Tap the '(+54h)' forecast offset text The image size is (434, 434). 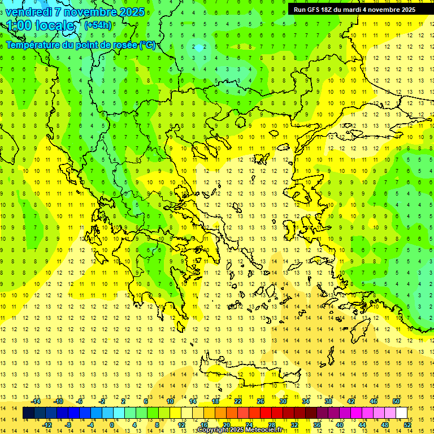[98, 25]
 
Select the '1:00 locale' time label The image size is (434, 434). [41, 26]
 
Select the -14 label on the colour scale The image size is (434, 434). [36, 401]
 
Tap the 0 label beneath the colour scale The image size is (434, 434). [111, 424]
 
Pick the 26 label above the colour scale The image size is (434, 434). [261, 401]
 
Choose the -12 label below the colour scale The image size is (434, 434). [47, 424]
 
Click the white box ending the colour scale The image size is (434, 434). [401, 413]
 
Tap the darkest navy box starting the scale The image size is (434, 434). [29, 413]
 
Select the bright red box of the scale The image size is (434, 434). [266, 413]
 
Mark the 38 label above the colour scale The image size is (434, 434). [328, 401]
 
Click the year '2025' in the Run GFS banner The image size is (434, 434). [407, 9]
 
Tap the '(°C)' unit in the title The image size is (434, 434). [147, 45]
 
